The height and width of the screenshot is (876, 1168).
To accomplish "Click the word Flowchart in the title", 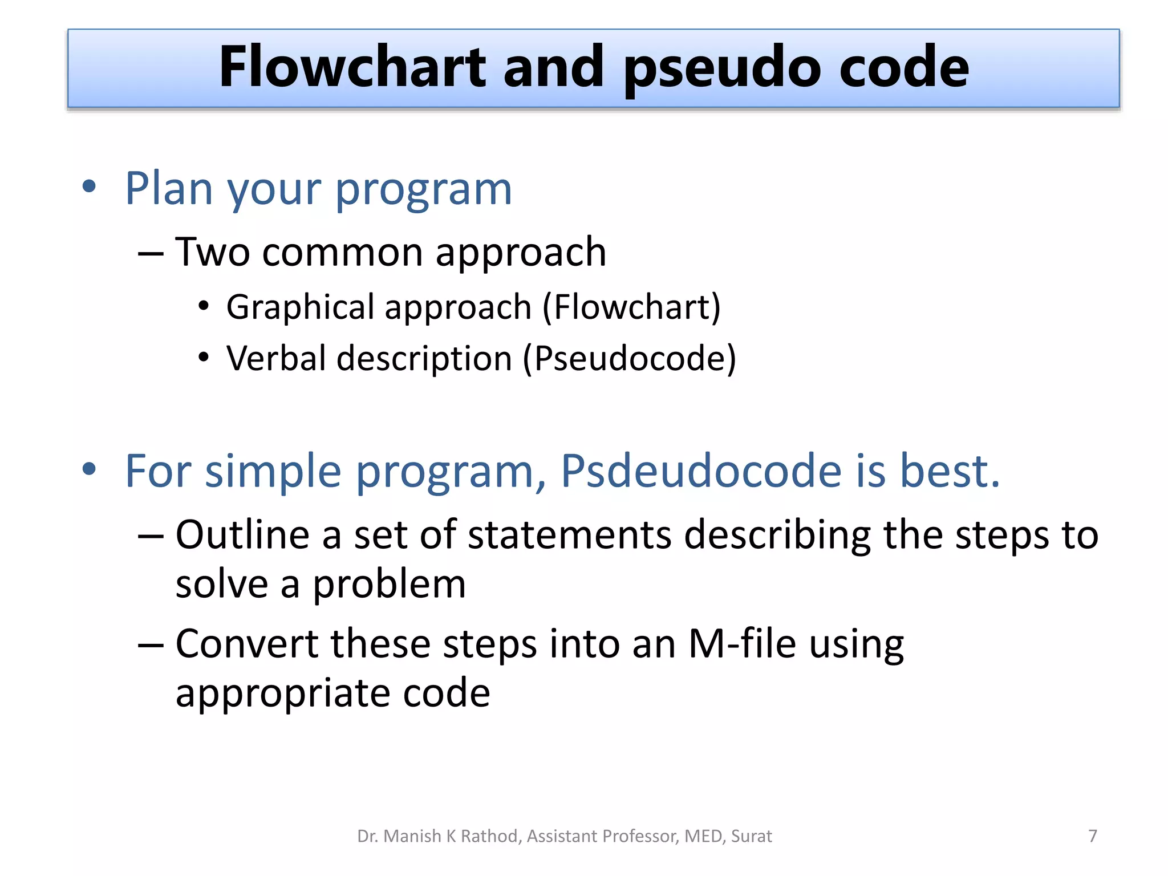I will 352,67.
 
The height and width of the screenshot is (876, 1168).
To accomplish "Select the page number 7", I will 1092,836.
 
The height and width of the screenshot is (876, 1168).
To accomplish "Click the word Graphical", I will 300,308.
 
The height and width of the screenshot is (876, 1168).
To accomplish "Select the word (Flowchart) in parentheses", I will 631,308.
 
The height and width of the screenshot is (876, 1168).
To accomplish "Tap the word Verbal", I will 276,359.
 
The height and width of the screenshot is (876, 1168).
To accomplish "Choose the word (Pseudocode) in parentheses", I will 630,359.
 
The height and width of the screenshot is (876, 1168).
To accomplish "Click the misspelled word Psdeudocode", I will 701,471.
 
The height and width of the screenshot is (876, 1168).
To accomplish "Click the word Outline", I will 242,535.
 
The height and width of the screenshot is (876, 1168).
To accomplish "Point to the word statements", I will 569,535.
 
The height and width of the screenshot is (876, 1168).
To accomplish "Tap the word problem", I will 389,585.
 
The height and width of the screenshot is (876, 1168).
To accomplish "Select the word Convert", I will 247,644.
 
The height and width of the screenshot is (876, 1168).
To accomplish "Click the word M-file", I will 742,644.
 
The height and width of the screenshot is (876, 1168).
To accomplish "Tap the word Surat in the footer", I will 751,836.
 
